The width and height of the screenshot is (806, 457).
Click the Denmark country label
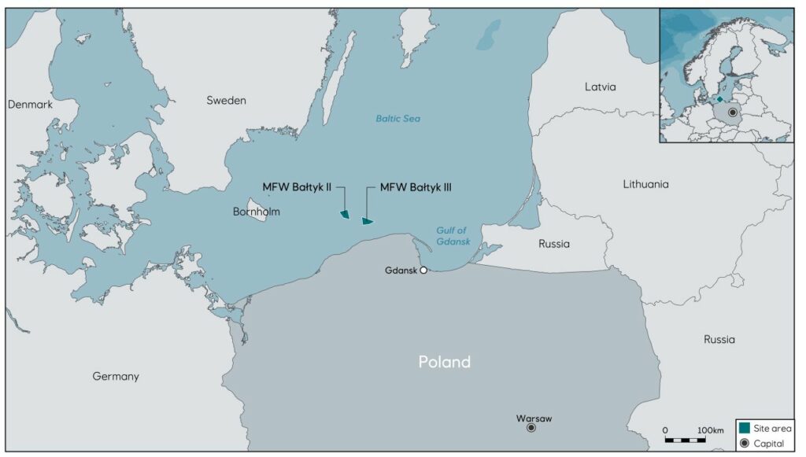pos(30,105)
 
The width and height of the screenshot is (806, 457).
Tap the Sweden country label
pos(227,101)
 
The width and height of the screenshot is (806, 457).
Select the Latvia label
pos(601,87)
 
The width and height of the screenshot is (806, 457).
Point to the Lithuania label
pos(645,184)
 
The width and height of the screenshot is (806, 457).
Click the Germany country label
pos(116,376)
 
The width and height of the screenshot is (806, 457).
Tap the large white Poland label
pos(444,362)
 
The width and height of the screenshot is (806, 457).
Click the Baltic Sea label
pos(397,119)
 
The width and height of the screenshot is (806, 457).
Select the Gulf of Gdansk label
pos(453,236)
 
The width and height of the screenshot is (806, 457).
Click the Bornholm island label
pos(257,212)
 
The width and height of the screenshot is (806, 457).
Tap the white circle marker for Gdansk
pos(423,271)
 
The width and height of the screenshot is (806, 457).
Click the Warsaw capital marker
pos(531,428)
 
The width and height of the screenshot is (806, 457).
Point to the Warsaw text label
pos(534,418)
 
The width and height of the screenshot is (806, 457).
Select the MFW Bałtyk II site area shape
pos(344,214)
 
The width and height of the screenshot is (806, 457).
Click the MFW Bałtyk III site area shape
pos(367,221)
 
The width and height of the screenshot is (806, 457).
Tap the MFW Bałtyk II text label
pos(297,187)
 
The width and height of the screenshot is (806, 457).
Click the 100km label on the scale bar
pos(710,430)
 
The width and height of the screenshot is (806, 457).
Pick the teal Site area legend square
pos(744,428)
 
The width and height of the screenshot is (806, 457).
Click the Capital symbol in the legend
pos(744,444)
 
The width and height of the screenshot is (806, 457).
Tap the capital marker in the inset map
pos(733,112)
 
